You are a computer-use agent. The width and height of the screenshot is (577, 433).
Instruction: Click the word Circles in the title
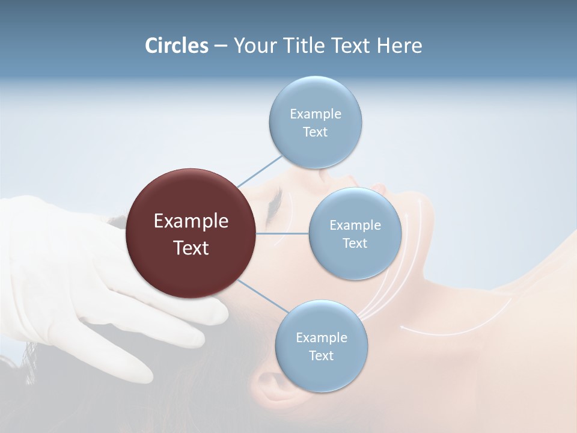(177, 46)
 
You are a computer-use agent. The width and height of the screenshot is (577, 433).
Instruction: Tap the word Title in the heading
(304, 46)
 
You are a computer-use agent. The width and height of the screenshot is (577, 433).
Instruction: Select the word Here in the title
(399, 46)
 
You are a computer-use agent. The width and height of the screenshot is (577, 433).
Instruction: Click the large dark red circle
(191, 234)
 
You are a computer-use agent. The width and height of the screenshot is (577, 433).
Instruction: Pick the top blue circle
(315, 123)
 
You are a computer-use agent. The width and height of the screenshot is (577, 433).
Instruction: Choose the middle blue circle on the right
(355, 234)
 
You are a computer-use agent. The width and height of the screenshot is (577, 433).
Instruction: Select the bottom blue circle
(321, 346)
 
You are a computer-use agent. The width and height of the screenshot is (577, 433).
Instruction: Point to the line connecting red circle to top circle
(259, 170)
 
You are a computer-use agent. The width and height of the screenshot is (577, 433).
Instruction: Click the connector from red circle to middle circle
(282, 233)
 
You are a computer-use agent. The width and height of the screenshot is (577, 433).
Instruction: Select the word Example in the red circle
(191, 221)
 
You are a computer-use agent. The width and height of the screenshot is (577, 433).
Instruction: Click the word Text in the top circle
(315, 132)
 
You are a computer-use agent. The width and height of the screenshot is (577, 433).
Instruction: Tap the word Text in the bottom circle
(321, 356)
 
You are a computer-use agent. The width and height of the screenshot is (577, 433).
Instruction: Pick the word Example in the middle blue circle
(355, 226)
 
